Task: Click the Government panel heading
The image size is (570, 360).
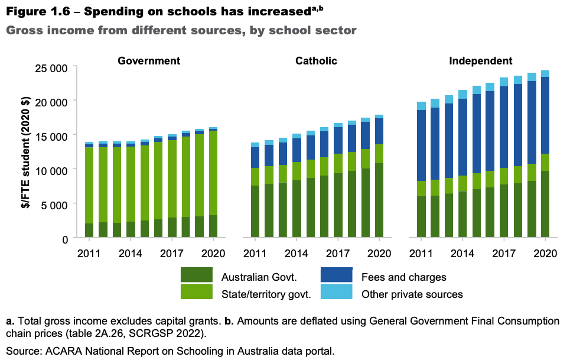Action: click(x=149, y=61)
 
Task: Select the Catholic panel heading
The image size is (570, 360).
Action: click(x=317, y=61)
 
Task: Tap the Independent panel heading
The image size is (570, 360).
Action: click(x=480, y=61)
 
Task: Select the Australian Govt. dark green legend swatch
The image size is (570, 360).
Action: click(x=196, y=275)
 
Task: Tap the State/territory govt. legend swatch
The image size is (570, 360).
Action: click(x=196, y=291)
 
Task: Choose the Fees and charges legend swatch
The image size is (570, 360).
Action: click(x=336, y=275)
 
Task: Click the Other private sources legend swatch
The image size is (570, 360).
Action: click(x=336, y=291)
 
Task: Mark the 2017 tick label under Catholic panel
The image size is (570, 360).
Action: click(x=338, y=254)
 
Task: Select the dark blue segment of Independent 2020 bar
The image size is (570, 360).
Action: click(x=544, y=115)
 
